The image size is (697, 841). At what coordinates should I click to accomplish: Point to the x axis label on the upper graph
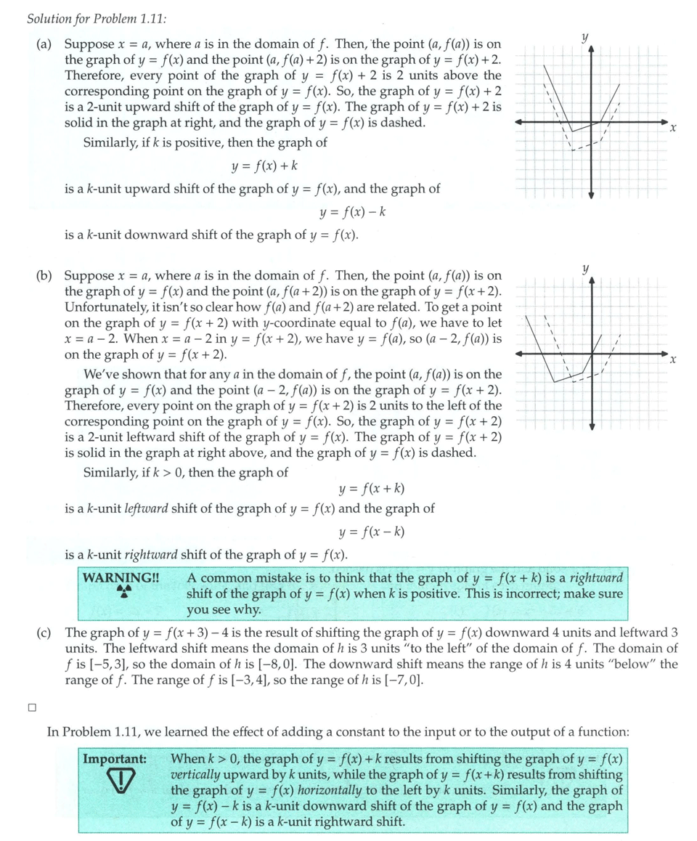click(x=673, y=129)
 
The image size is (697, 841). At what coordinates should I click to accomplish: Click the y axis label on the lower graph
click(x=584, y=268)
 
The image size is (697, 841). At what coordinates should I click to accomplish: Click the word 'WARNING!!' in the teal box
click(x=121, y=578)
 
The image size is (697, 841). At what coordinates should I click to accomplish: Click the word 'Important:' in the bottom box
click(x=115, y=759)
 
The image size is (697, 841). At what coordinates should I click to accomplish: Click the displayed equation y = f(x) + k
click(x=265, y=166)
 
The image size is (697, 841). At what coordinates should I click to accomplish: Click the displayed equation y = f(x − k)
click(x=372, y=532)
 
